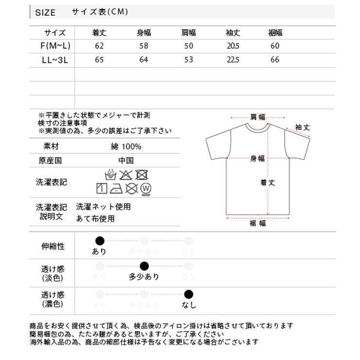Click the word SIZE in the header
click(45, 13)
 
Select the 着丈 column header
click(100, 33)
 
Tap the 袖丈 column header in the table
click(233, 33)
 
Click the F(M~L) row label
click(55, 46)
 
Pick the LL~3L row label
click(55, 60)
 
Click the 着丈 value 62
click(100, 46)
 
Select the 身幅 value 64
click(144, 60)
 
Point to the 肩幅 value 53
click(188, 60)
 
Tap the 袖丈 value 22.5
click(233, 60)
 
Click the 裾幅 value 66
click(275, 60)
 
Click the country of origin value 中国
click(126, 161)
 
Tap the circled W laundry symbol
click(145, 188)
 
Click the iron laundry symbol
click(116, 188)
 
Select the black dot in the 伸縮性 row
click(100, 240)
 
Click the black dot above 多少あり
click(144, 266)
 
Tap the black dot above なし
click(189, 294)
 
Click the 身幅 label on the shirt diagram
click(257, 159)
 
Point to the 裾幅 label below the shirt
click(257, 223)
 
